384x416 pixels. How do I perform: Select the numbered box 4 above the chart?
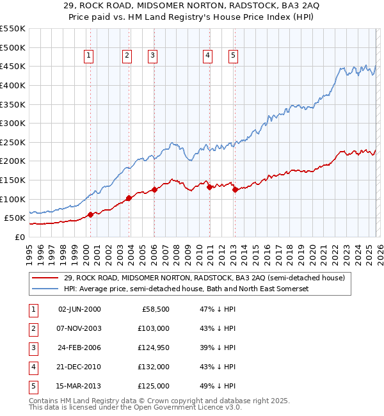pyautogui.click(x=208, y=56)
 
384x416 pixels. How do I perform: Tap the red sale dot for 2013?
pyautogui.click(x=234, y=189)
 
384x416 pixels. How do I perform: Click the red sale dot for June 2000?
pyautogui.click(x=90, y=214)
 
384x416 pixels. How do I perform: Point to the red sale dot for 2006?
pyautogui.click(x=154, y=189)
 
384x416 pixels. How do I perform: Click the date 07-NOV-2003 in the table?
pyautogui.click(x=79, y=328)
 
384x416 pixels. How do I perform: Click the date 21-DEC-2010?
pyautogui.click(x=79, y=366)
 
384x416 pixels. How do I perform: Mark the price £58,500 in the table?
pyautogui.click(x=154, y=308)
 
